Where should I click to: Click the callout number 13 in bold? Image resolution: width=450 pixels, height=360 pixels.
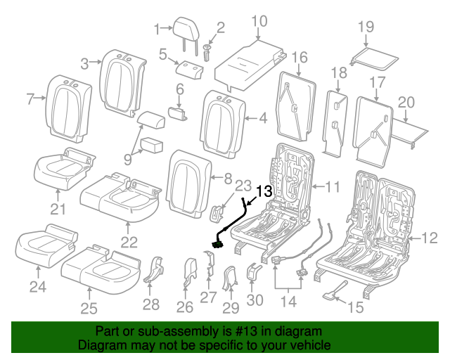pos(263,191)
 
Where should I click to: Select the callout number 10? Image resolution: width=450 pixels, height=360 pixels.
pos(259,21)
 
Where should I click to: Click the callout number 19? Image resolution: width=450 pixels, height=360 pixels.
pos(365,27)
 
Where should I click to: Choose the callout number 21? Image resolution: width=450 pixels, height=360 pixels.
pos(57,209)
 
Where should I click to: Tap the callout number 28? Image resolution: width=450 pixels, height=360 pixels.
pos(151,304)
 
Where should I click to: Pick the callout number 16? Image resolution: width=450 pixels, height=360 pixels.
pos(300,56)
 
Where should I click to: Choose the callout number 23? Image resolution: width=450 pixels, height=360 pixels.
pos(242,186)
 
